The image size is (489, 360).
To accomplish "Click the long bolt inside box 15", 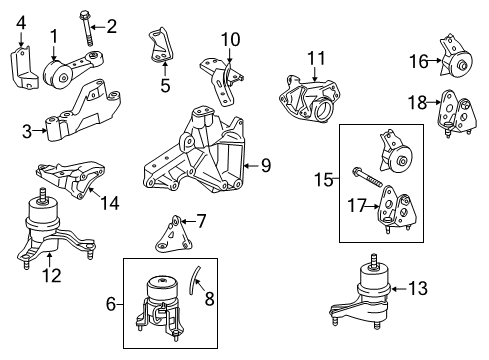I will pos(365,182).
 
